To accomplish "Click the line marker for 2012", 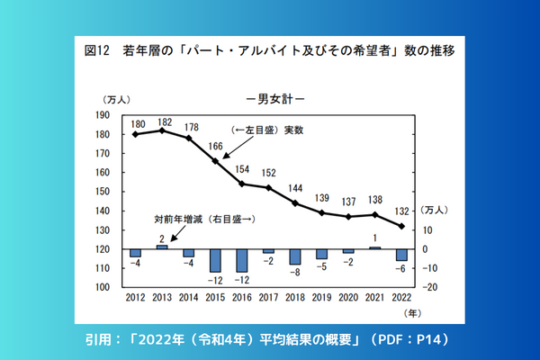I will point(135,134).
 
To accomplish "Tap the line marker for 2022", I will point(401,226).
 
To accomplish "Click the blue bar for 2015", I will point(215,260).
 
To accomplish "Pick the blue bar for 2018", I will point(295,256).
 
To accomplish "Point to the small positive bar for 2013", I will point(162,247).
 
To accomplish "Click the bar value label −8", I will point(294,271).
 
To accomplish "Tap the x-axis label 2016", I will point(242,298).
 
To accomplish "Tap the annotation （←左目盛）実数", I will point(267,130).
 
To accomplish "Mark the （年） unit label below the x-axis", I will point(411,314).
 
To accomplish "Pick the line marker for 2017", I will point(268,187).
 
